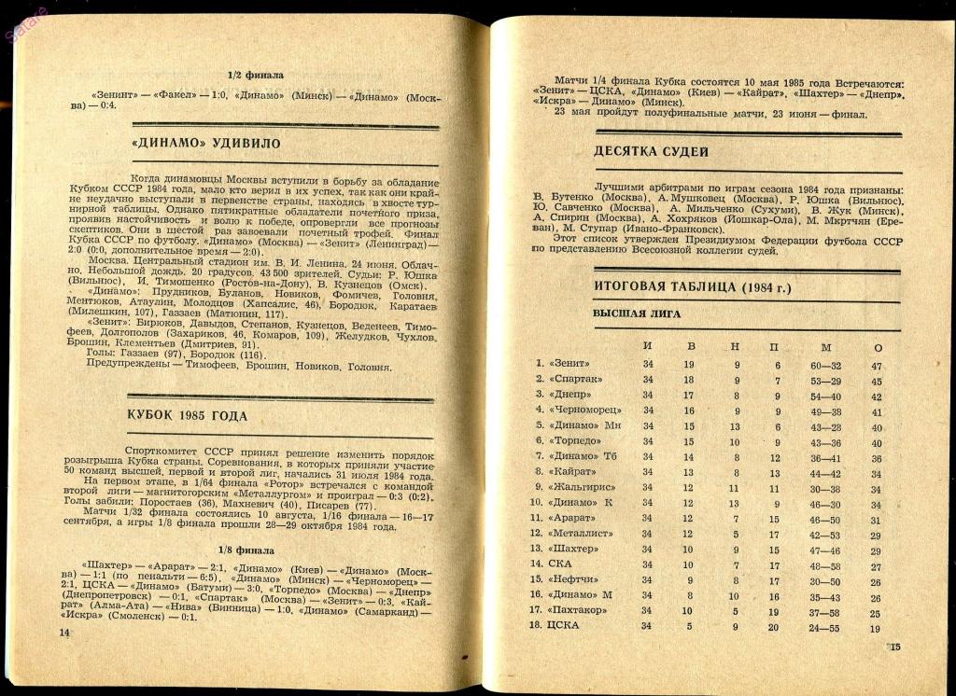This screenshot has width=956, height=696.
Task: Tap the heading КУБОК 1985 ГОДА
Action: coord(187,416)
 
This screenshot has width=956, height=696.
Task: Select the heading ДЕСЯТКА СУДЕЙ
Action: coord(651,152)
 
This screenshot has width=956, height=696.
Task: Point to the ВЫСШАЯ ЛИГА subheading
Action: coord(637,314)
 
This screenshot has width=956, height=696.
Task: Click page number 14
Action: coord(64,633)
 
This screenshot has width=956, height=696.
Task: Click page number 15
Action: coord(893,647)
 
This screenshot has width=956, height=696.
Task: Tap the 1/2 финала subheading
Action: coord(256,75)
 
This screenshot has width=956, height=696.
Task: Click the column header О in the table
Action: coord(877,348)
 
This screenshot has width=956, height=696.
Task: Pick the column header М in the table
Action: coord(826,348)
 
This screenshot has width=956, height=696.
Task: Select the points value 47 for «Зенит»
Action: coord(876,366)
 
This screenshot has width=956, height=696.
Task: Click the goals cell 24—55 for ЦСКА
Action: coord(825,627)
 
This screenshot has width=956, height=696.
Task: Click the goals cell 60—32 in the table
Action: coord(826,366)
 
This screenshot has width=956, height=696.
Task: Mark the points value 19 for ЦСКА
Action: coord(876,628)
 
